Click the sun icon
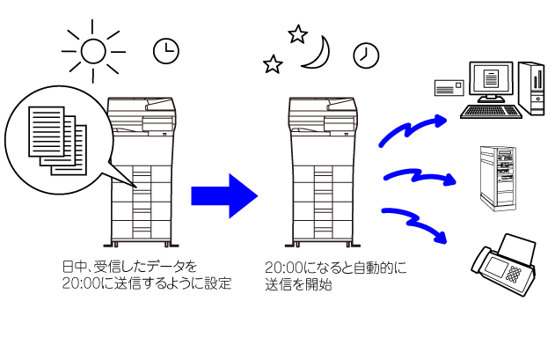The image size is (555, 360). point(93,51)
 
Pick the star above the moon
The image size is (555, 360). point(297,34)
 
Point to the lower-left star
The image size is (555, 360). point(273,64)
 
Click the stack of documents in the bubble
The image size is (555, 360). point(57,141)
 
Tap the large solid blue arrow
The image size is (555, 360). point(224,195)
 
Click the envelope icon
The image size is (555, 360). point(449,88)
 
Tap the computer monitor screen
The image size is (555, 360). point(491,79)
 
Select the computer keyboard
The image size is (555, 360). point(492,111)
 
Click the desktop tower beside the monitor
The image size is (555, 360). point(531,88)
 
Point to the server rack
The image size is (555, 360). point(498,178)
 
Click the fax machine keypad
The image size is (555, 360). point(514,274)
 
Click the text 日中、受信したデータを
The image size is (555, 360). point(129,267)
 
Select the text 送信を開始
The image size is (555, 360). point(298,285)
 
